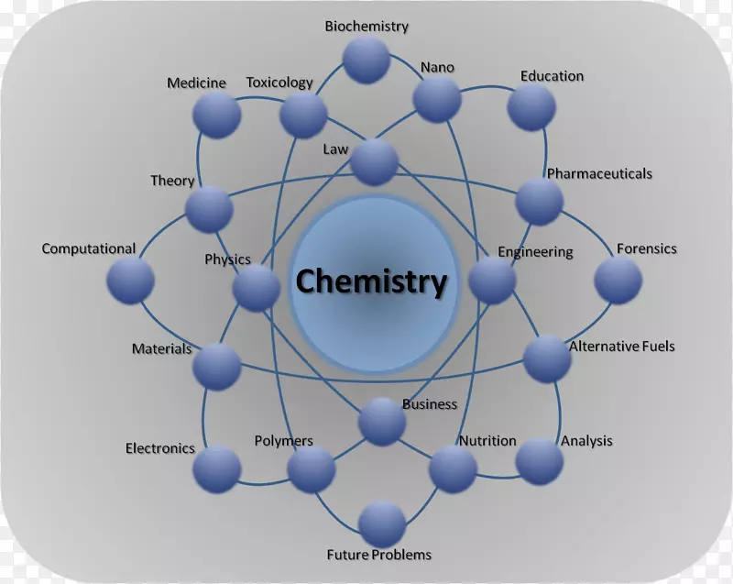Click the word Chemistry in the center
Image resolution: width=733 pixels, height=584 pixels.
click(371, 281)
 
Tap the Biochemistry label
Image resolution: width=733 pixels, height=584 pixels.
click(366, 27)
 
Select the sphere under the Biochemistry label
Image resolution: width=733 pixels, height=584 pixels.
click(366, 61)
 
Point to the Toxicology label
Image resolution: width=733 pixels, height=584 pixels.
click(279, 83)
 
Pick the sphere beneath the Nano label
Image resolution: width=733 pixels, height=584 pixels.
click(437, 100)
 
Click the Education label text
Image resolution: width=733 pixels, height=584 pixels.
click(552, 76)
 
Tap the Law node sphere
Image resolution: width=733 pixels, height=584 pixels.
click(374, 162)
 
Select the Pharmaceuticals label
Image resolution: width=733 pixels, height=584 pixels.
click(599, 173)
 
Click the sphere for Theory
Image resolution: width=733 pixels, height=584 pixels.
click(209, 208)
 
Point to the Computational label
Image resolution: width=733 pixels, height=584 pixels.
click(89, 248)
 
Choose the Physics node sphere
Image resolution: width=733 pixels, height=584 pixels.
click(257, 288)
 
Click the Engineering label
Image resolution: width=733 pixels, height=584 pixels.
click(535, 251)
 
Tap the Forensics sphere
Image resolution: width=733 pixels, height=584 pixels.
click(618, 281)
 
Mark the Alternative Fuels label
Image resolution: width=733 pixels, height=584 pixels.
click(621, 347)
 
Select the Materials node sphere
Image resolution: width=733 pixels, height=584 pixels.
click(217, 367)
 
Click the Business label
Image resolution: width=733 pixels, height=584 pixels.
click(429, 404)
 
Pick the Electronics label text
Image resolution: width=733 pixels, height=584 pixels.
click(160, 448)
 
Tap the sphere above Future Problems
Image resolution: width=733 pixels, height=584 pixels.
click(382, 524)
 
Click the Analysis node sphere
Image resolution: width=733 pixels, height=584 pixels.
click(539, 461)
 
